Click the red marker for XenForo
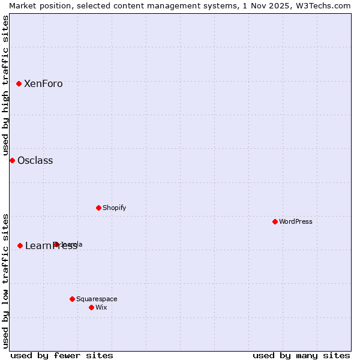tap(19, 84)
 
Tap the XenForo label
tap(43, 84)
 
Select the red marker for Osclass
tap(12, 160)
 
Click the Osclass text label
tap(35, 161)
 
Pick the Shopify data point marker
tap(98, 208)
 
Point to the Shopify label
tap(114, 208)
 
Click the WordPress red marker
tap(275, 221)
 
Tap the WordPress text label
tap(295, 222)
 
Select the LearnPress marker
tap(20, 245)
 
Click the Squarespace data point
tap(72, 299)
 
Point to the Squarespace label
tap(97, 299)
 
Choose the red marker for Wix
tap(91, 307)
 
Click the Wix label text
tap(101, 308)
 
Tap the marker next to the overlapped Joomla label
tap(56, 244)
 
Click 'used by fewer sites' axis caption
tap(62, 355)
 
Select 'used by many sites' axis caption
tap(301, 355)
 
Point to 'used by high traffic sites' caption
tap(5, 85)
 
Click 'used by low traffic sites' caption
tap(5, 280)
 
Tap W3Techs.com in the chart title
tap(323, 5)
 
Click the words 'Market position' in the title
tap(35, 5)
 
